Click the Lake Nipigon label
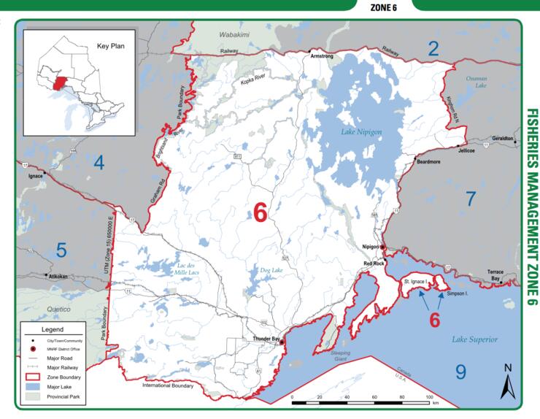coord(353,131)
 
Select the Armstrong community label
coord(322,55)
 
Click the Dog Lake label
coord(271,269)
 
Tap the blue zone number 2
coord(433,49)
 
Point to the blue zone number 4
coord(99,163)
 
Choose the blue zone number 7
coord(471,197)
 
